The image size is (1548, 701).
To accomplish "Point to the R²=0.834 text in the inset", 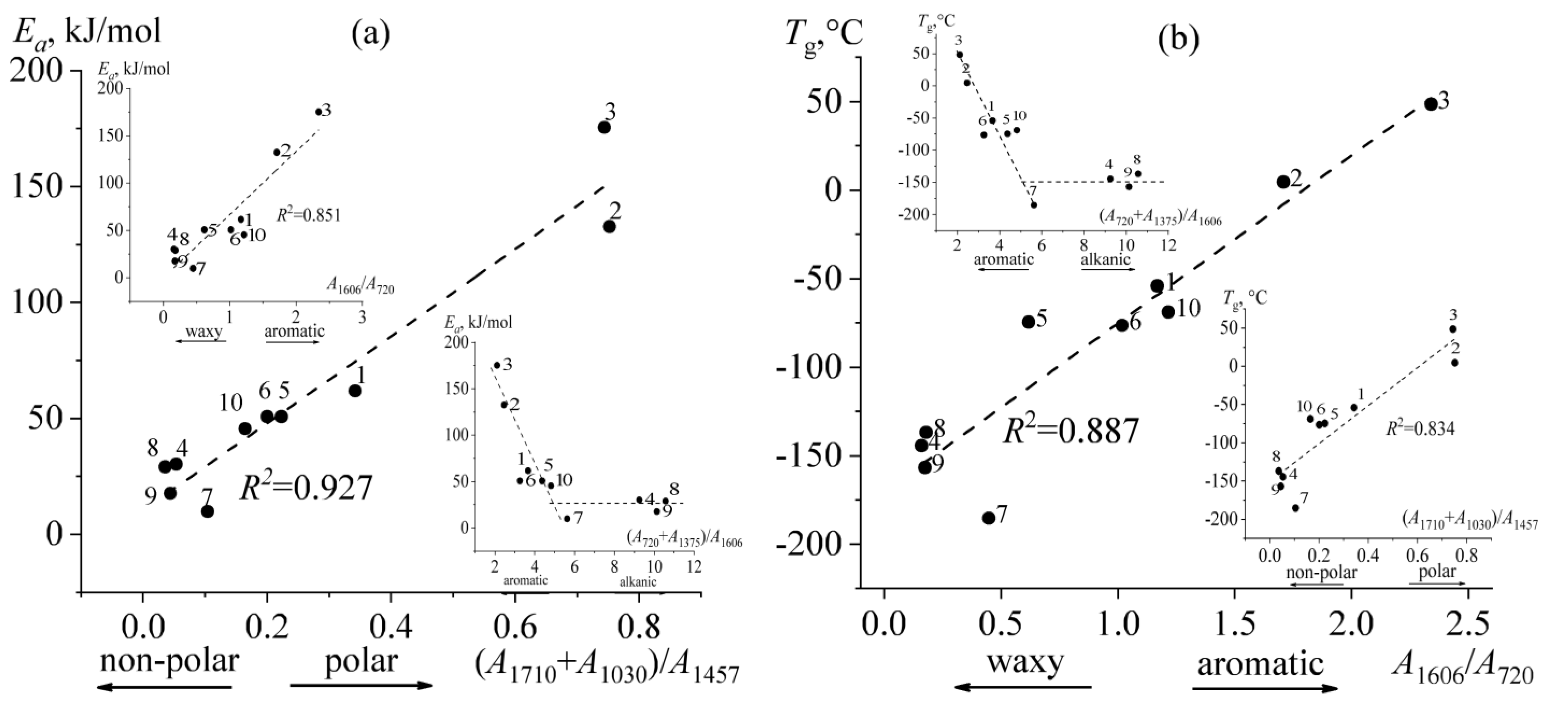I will pyautogui.click(x=1420, y=428).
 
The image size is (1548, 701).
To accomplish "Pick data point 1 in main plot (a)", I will pyautogui.click(x=355, y=391).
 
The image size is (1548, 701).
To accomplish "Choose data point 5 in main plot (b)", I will pyautogui.click(x=1028, y=321).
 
